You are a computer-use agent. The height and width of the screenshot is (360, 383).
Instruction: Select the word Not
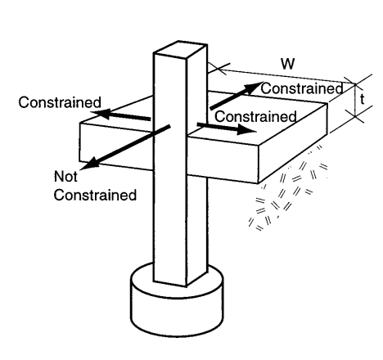(x=65, y=176)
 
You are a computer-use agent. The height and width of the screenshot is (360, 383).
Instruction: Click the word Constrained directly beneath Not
(x=92, y=196)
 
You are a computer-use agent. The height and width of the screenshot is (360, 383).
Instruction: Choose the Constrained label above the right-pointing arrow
(x=255, y=118)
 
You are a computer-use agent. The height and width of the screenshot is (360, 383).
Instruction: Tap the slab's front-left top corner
(x=81, y=124)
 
